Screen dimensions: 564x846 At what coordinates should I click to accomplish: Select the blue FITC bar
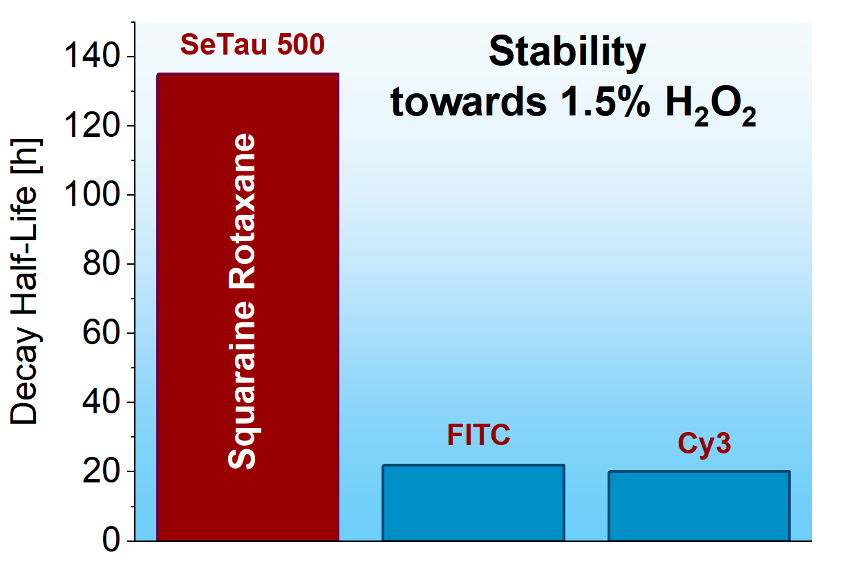473,502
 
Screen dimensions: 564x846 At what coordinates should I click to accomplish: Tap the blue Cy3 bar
699,505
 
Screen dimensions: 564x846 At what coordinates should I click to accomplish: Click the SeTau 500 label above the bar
252,45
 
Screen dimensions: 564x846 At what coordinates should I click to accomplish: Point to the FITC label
478,435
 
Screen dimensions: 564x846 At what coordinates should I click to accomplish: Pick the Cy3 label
704,444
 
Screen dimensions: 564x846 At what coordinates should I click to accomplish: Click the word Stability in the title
567,52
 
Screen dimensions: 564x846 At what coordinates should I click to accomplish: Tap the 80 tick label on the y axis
101,263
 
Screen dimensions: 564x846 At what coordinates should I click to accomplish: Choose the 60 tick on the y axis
101,332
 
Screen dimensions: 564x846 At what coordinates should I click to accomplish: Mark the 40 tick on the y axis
101,401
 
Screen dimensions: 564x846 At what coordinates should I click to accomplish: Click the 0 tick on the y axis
111,540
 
